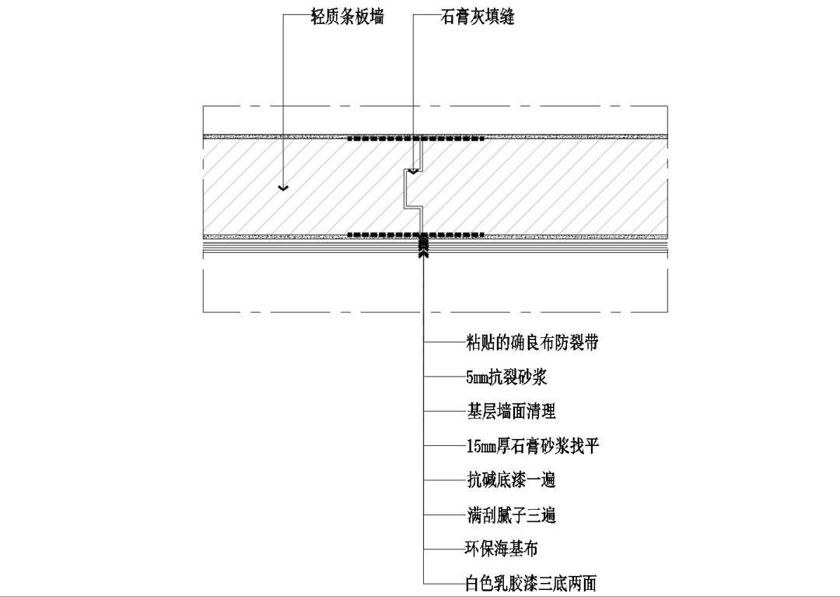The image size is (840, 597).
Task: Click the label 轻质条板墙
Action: click(347, 16)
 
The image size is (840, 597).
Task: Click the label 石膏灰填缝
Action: click(478, 16)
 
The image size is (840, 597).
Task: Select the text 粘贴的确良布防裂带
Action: click(532, 343)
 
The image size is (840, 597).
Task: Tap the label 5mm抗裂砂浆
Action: click(506, 378)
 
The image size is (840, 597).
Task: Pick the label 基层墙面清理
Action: click(512, 412)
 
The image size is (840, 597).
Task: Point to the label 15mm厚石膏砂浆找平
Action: click(533, 446)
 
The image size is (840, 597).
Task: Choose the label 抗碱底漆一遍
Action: click(512, 479)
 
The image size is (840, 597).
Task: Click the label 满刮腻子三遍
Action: click(512, 515)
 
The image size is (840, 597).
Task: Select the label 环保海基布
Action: click(501, 549)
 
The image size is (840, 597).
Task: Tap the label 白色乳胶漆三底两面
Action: click(530, 583)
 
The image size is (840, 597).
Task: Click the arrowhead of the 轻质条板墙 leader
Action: click(283, 188)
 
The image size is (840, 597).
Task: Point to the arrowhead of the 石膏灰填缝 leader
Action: click(413, 171)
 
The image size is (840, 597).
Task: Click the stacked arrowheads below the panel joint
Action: click(424, 246)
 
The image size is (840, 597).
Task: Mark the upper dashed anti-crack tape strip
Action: click(415, 139)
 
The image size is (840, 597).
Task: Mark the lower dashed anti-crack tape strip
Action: click(415, 234)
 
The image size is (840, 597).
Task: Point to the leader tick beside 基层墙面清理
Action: click(445, 412)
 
